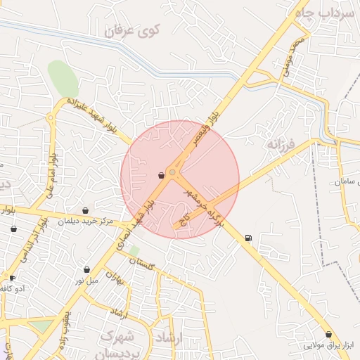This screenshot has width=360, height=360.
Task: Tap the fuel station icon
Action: pos(248,238)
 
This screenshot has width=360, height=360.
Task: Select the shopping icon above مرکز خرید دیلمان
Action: pos(86,210)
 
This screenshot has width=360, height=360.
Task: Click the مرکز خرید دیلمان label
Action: pos(86,221)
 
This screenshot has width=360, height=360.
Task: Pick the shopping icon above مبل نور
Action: pos(86,269)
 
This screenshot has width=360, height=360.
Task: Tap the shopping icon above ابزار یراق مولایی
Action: pos(329,334)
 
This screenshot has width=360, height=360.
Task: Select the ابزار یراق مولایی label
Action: pos(329,345)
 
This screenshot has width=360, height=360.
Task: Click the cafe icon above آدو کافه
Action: pos(12,278)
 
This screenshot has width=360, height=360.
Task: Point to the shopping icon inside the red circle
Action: pos(162,175)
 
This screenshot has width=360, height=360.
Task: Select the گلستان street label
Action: pos(142,263)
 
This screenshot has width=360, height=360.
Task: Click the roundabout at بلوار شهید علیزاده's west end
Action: pos(51,117)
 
